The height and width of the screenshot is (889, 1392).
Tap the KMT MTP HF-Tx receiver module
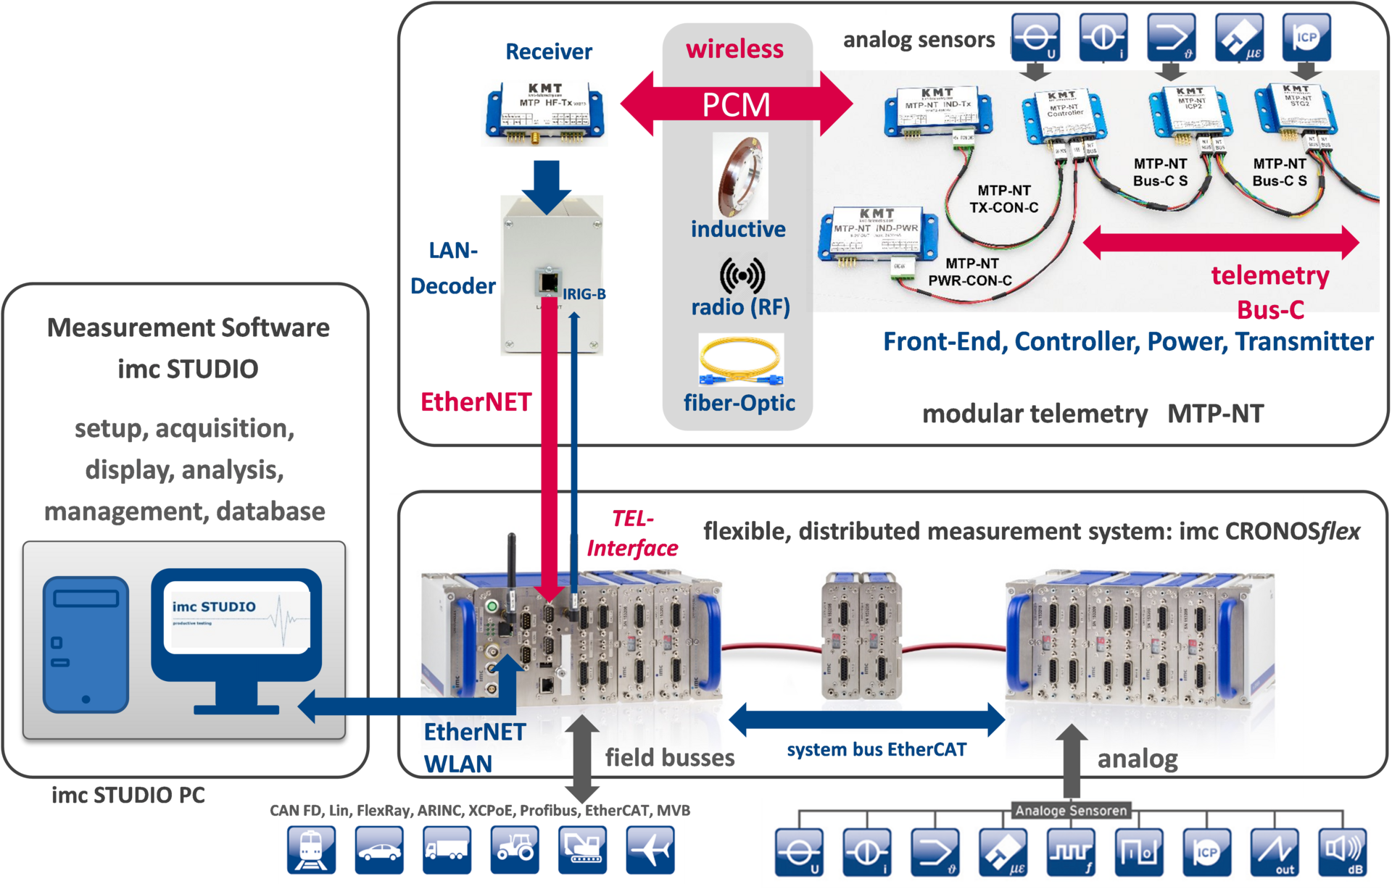coord(544,112)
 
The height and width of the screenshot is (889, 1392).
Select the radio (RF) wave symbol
coord(742,275)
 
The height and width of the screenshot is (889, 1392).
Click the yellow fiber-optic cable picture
coord(741,360)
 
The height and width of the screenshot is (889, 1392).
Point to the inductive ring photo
coord(739,175)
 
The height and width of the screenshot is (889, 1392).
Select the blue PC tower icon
coord(86,644)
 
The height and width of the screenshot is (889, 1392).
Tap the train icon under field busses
coord(311,850)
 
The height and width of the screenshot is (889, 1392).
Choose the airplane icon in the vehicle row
coord(651,850)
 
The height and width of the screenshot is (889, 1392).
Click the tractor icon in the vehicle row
coord(515,850)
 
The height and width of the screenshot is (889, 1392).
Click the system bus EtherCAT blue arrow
coord(866,719)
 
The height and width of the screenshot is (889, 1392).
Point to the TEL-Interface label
coord(632,534)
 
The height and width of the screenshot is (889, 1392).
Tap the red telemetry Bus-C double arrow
coord(1220,242)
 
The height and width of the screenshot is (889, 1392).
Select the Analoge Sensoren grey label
coord(1071,811)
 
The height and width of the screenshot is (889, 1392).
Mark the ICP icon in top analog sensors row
coord(1306,38)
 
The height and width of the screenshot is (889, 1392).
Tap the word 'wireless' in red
coord(734,49)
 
